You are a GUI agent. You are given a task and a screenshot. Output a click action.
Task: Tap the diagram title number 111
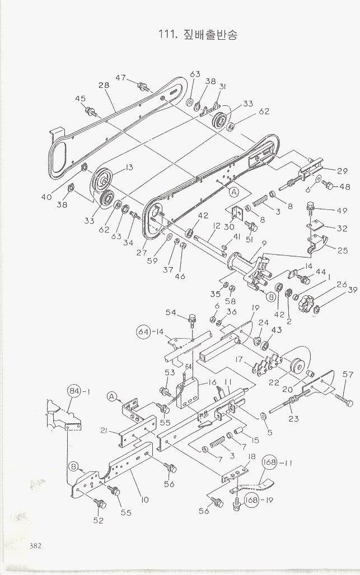click(x=167, y=35)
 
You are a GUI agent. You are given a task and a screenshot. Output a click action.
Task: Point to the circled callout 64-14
click(x=146, y=331)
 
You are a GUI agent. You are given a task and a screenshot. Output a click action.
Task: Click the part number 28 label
click(x=104, y=85)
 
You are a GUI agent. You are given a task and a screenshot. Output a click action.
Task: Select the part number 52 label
click(x=99, y=520)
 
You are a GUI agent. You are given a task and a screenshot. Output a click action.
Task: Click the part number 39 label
click(x=352, y=289)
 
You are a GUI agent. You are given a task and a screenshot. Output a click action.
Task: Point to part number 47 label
click(x=121, y=78)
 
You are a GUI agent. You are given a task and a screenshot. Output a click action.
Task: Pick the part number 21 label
click(x=105, y=430)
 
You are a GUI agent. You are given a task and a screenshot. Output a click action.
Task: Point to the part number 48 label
click(x=345, y=187)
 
